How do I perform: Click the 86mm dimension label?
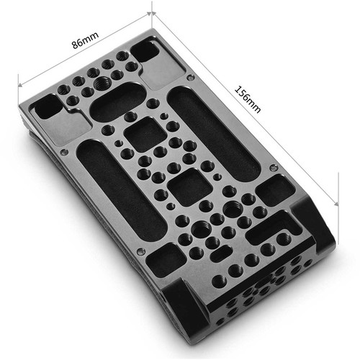pos(86,40)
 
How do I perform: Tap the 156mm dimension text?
pos(248,99)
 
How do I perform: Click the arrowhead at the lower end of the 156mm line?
pos(336,203)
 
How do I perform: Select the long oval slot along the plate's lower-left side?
pos(121,190)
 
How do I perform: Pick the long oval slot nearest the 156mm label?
pos(214,134)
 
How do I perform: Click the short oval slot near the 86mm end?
pos(117,102)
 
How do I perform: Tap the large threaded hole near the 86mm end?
pos(102,84)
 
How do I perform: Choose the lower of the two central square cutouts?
pos(189,187)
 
